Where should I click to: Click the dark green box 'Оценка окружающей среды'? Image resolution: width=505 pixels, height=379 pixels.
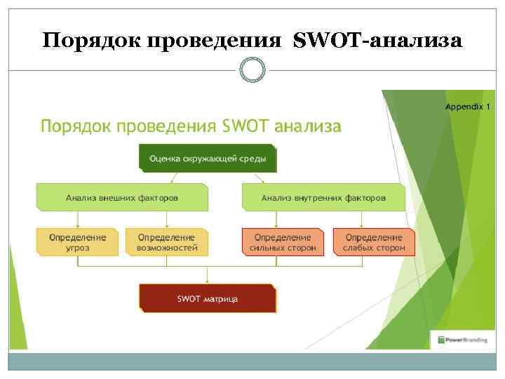point(207,159)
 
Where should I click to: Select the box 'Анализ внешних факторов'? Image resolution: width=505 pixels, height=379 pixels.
point(122,197)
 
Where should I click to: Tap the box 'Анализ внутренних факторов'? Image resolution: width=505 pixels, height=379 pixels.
point(323,197)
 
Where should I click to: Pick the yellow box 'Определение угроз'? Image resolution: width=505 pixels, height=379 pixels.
point(77,242)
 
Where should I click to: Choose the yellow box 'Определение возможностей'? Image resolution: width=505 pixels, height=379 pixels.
point(167,242)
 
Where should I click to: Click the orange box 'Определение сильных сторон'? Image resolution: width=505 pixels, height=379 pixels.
point(283,242)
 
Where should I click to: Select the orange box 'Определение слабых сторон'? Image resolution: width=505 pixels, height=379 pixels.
point(374,242)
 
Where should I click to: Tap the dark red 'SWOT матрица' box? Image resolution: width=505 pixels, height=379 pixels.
point(207,298)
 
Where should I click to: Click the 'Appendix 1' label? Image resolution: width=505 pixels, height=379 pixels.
point(468,107)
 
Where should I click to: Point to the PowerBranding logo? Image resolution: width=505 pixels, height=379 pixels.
point(463,340)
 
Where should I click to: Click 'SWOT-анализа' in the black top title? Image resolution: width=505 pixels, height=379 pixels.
point(378,41)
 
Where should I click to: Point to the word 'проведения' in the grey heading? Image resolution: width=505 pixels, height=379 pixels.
point(166,127)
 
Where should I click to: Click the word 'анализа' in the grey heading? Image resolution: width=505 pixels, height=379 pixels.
point(308,127)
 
